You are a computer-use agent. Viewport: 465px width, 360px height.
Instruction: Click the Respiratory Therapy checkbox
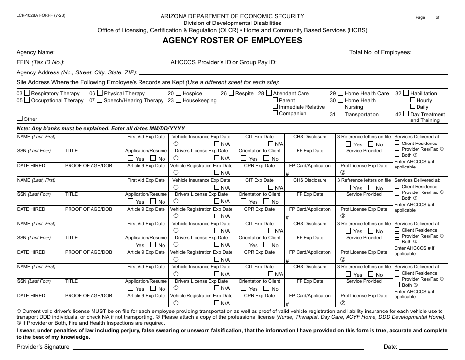coord(27,93)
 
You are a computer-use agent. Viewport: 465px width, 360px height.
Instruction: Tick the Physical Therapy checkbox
coord(100,93)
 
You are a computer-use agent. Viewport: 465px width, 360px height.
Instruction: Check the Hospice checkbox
coord(179,93)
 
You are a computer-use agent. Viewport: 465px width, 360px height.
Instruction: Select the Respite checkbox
coord(231,93)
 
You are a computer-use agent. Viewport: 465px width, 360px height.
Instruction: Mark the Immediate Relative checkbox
coord(275,107)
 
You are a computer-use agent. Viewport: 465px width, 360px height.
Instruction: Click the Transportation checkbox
coord(340,114)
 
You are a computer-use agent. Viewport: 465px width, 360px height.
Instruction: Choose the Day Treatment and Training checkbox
coord(406,114)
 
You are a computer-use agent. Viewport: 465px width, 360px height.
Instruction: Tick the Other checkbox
coord(20,119)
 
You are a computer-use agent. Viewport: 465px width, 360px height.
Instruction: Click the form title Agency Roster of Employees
coord(232,41)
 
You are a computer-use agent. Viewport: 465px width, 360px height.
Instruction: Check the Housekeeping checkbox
coord(179,100)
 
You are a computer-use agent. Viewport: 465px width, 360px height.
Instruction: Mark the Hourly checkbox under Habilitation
coord(412,100)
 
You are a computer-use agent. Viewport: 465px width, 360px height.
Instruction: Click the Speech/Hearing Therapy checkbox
coord(100,100)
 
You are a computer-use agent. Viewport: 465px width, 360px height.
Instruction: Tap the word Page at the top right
coord(420,17)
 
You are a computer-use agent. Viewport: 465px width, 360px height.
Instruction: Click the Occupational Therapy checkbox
coord(27,100)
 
